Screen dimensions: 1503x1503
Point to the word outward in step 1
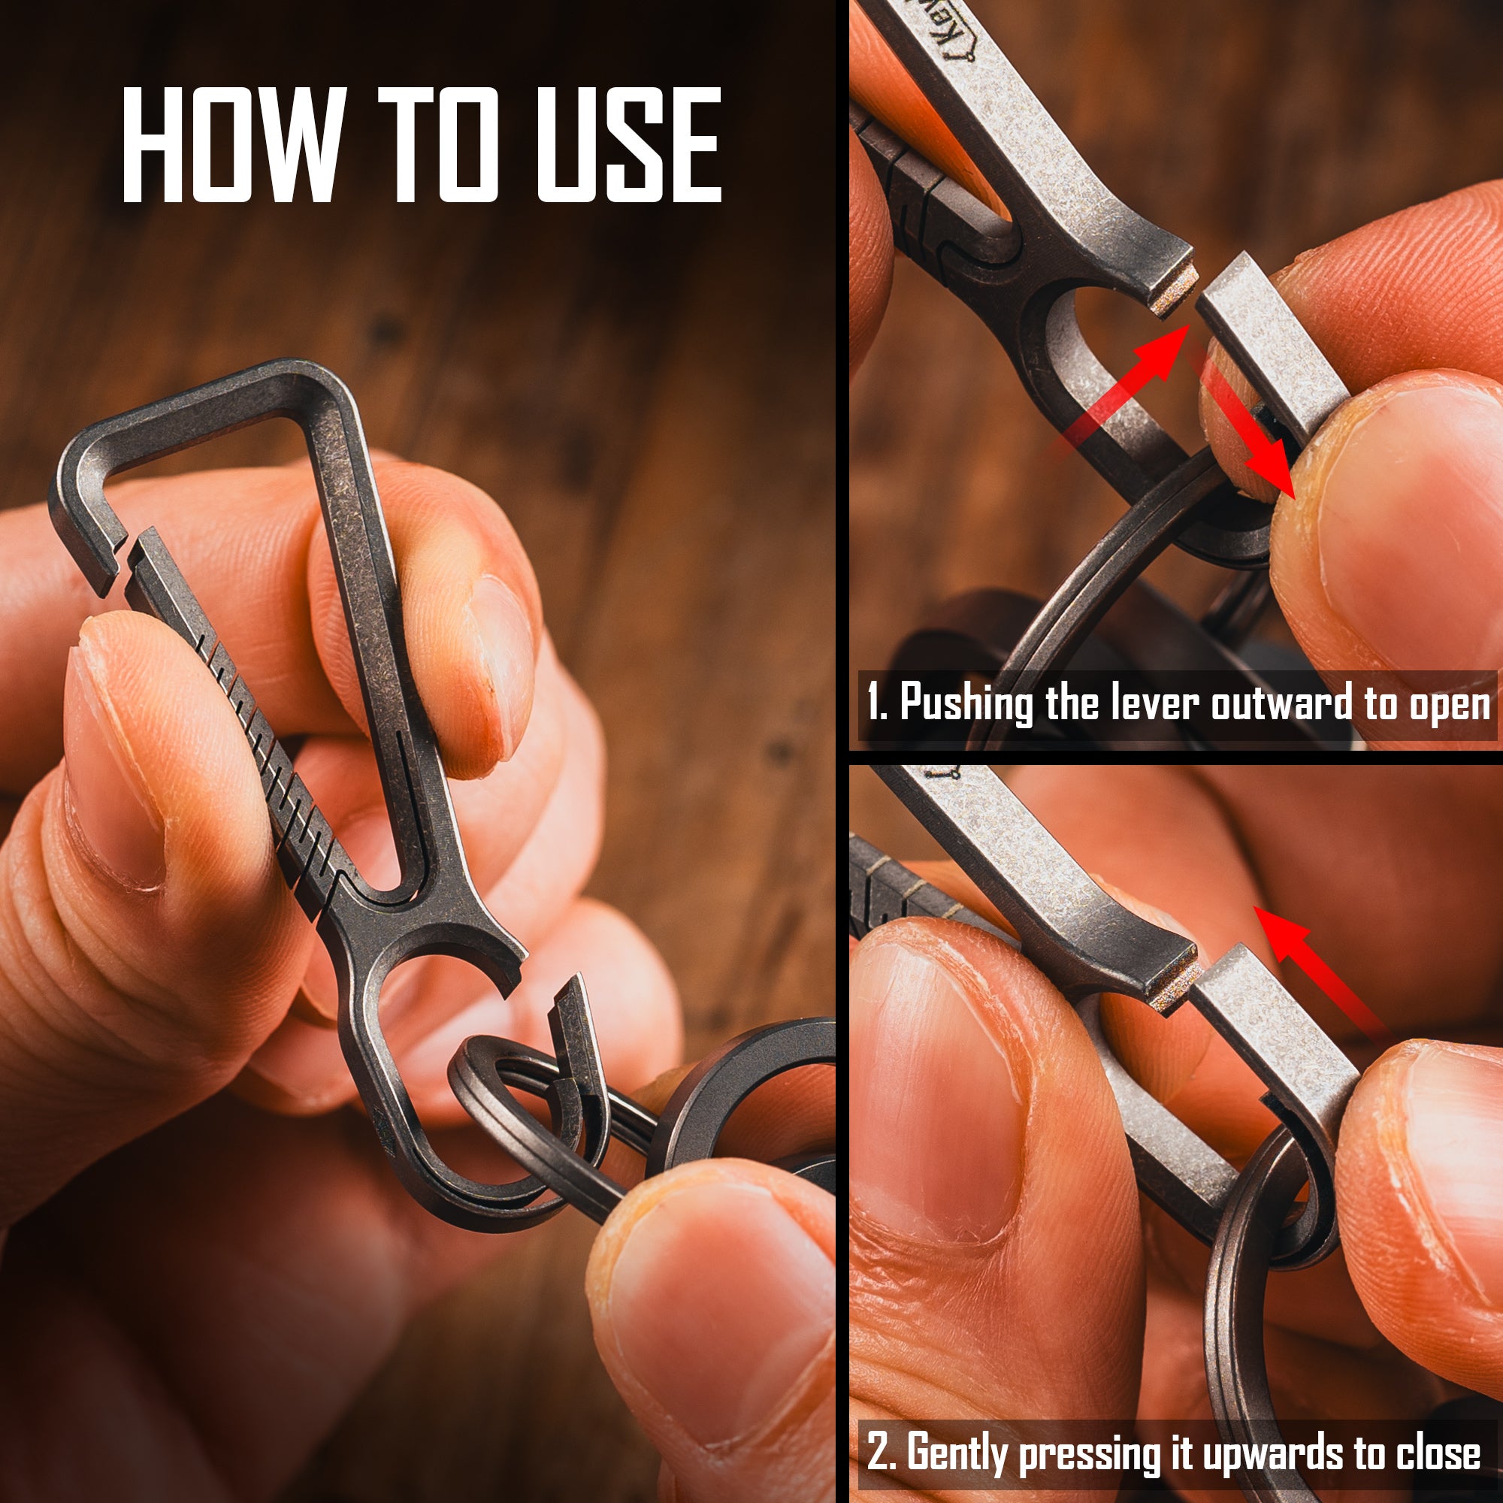[x=1282, y=703]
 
